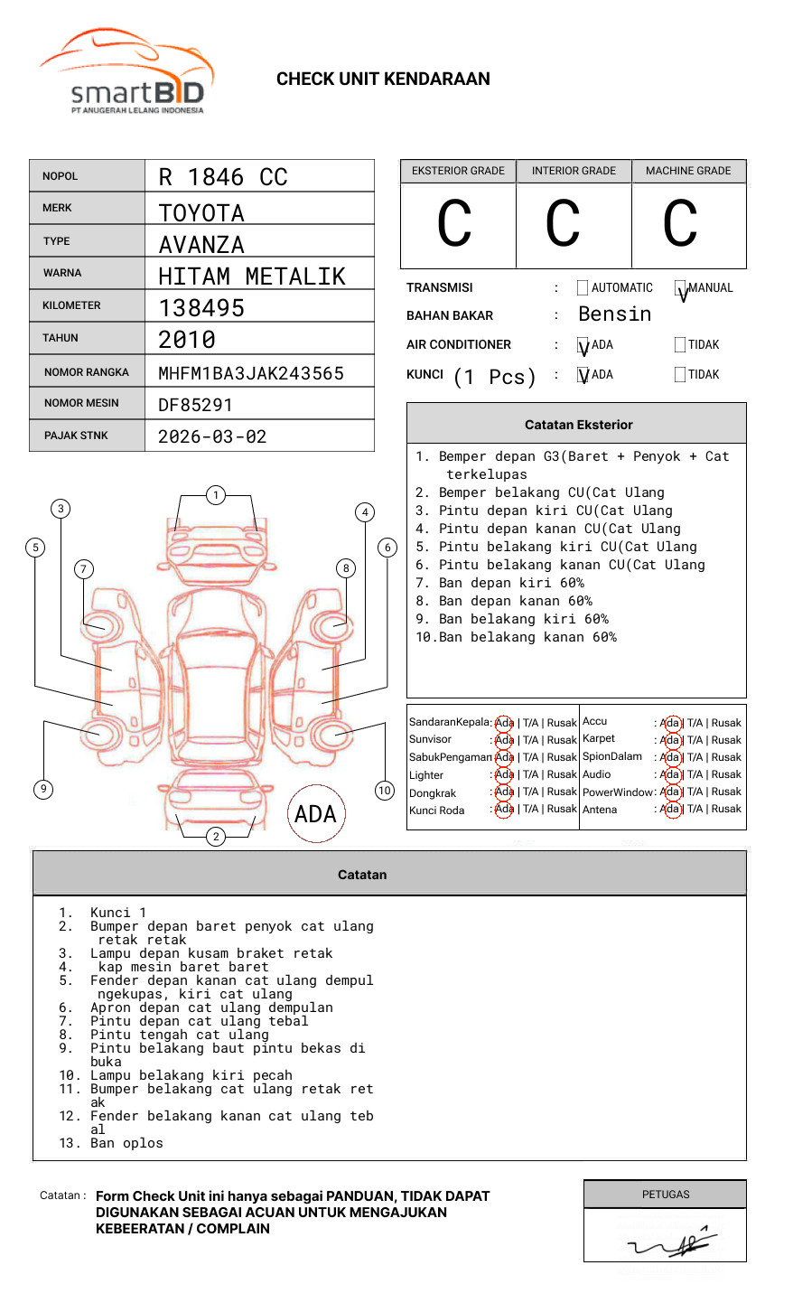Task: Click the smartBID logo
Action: click(x=127, y=72)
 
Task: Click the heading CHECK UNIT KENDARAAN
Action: click(x=383, y=80)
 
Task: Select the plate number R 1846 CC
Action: click(x=223, y=177)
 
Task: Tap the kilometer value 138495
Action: click(x=201, y=308)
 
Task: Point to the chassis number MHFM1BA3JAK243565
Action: click(x=251, y=373)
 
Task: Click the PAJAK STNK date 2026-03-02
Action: click(x=212, y=436)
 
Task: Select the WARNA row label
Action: click(x=62, y=273)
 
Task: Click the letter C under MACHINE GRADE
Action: click(x=680, y=224)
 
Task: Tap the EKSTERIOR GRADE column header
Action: click(x=458, y=171)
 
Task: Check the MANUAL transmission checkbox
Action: click(x=680, y=288)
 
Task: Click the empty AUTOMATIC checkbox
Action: click(x=583, y=288)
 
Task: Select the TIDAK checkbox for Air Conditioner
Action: click(x=680, y=345)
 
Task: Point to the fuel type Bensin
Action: click(x=614, y=314)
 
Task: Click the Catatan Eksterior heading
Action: click(x=578, y=425)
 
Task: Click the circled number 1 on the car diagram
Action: click(x=215, y=495)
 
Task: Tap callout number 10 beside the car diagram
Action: click(x=385, y=791)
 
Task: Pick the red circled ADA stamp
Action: click(x=315, y=814)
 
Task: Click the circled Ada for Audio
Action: click(x=670, y=774)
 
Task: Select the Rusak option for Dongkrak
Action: click(x=561, y=792)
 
